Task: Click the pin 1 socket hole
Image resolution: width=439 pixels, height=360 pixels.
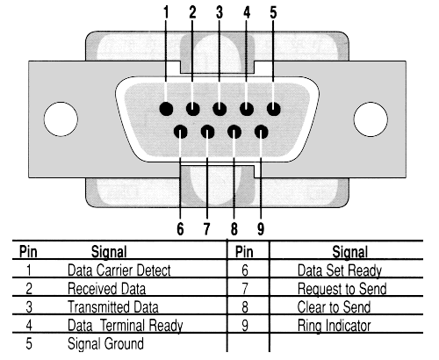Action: [166, 109]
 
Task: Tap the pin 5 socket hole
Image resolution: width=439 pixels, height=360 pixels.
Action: [274, 109]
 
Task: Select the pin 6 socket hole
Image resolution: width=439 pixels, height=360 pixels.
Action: [181, 132]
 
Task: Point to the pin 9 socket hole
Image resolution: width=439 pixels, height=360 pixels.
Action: [262, 132]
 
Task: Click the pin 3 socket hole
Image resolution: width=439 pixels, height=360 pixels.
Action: [219, 109]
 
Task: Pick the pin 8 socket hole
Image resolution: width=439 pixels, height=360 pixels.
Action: [234, 132]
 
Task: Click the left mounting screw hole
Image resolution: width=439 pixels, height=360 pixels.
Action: [61, 119]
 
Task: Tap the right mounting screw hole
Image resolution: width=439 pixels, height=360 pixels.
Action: [371, 119]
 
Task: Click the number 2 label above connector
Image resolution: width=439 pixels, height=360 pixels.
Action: [192, 12]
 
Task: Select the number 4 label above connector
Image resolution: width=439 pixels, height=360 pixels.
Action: [247, 12]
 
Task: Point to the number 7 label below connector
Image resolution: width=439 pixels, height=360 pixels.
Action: [206, 228]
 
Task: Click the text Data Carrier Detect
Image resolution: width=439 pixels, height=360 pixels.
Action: [119, 270]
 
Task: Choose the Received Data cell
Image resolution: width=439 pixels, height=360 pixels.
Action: [106, 289]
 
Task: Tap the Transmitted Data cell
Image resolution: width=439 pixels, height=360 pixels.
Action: [113, 307]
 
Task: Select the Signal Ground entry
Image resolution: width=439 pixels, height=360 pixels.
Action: [105, 343]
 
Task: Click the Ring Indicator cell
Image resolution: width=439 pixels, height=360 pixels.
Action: [334, 326]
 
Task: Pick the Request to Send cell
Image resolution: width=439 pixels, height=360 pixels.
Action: [342, 289]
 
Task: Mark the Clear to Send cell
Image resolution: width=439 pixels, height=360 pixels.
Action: [334, 307]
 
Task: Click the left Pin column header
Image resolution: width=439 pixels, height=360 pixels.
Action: [28, 252]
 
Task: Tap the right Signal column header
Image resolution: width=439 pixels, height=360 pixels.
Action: [350, 252]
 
